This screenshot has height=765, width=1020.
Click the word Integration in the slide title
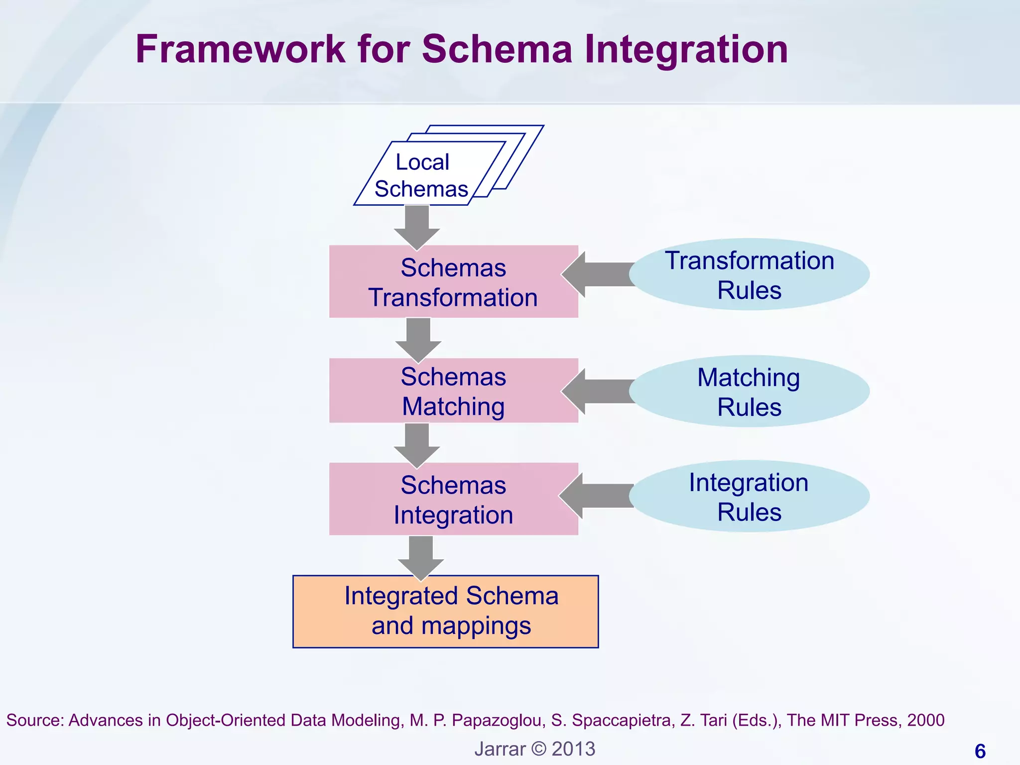[686, 49]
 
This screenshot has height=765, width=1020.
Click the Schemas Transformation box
[453, 282]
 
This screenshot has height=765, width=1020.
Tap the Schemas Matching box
[453, 391]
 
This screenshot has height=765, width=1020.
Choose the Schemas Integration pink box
[453, 500]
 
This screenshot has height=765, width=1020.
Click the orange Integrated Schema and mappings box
[446, 612]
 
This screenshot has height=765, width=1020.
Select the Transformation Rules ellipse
[749, 274]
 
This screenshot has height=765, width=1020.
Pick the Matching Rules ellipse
[749, 391]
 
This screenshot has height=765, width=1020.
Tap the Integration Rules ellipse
[749, 497]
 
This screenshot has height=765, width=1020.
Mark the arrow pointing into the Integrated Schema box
[421, 558]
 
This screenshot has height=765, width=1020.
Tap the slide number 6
[980, 751]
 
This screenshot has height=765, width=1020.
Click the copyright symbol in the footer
[538, 749]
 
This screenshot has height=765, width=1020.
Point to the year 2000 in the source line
[925, 720]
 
